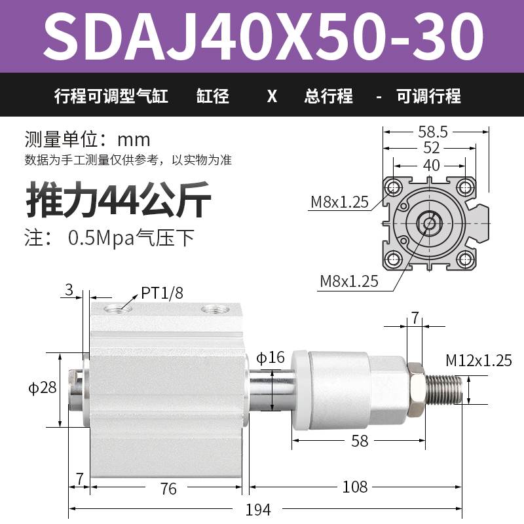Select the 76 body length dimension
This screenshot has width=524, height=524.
click(168, 488)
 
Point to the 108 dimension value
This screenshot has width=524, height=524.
click(356, 487)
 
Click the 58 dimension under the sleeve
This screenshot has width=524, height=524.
click(360, 441)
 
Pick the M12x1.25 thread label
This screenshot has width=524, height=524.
click(479, 360)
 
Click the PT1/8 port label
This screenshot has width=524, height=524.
click(162, 293)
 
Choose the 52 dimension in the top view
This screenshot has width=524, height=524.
click(432, 148)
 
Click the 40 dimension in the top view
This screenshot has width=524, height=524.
click(431, 165)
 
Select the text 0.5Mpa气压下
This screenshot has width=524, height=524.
click(131, 237)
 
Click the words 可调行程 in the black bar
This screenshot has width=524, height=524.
click(429, 97)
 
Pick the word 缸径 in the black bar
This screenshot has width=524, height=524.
click(213, 97)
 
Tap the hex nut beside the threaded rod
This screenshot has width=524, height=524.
click(414, 388)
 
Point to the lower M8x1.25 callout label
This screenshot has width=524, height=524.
click(349, 282)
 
